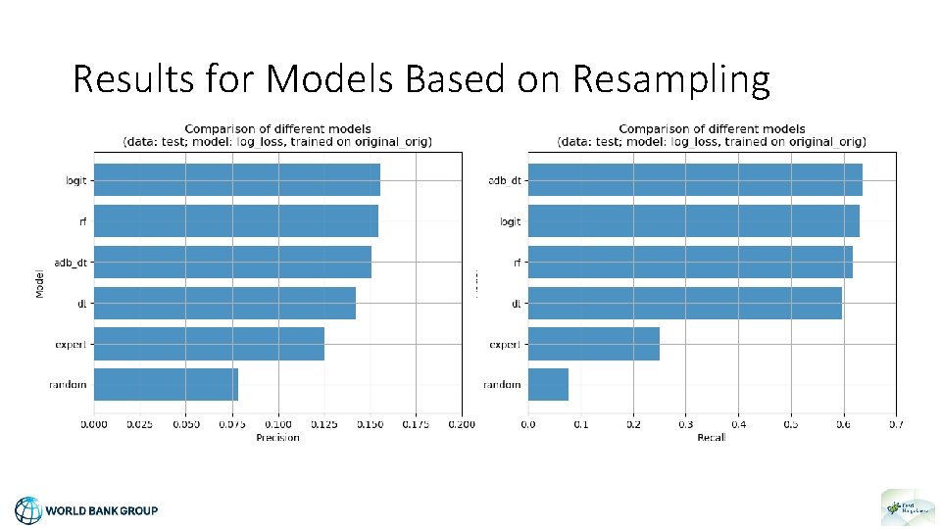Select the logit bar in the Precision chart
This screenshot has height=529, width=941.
click(236, 179)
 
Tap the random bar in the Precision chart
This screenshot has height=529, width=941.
click(166, 384)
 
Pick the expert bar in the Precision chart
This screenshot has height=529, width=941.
click(209, 344)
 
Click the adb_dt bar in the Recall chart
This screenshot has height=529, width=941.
click(694, 179)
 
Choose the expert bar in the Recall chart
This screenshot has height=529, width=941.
click(593, 344)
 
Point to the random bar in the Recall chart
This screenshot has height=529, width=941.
click(548, 384)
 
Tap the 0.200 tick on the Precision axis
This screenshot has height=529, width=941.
click(462, 424)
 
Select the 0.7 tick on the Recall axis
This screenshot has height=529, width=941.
click(895, 424)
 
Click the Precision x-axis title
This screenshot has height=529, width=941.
click(277, 437)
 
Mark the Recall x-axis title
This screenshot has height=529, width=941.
click(712, 437)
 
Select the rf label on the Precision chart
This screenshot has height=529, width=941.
click(82, 221)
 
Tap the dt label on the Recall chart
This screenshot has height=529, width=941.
click(516, 304)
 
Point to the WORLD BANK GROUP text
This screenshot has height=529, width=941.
click(102, 510)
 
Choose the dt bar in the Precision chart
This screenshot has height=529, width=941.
click(224, 303)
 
